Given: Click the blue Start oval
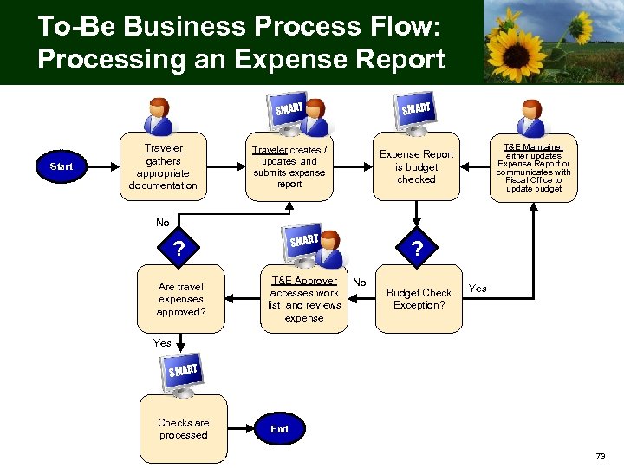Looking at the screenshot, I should pos(62,166).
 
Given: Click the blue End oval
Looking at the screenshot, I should pos(279,429).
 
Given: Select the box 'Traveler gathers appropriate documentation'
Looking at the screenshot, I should pos(163,166).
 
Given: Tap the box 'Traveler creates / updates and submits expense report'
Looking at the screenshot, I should pos(289,166).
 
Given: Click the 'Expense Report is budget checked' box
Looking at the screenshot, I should pos(416,166).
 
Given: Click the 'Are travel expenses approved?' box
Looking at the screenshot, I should pos(181,299).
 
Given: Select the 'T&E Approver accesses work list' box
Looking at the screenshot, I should pos(303,300).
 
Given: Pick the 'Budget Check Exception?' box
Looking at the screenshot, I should pos(419,299).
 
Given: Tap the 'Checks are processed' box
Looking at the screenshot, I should pos(183,429).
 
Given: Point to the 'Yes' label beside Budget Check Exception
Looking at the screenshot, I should pos(478,289).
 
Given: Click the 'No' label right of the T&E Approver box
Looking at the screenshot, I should pos(360,283).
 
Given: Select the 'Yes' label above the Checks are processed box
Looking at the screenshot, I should pos(162,343).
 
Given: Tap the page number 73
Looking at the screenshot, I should pos(601,456).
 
